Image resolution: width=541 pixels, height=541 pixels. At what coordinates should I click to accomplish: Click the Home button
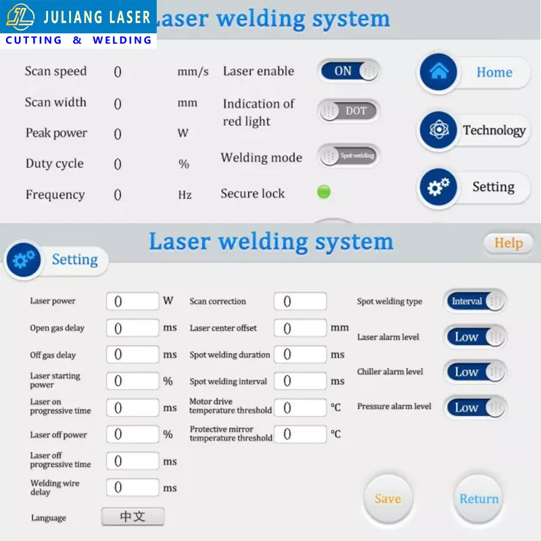click(473, 72)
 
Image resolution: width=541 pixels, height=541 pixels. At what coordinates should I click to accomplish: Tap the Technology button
click(473, 131)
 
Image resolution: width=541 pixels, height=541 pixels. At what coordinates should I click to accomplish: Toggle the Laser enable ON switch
click(348, 71)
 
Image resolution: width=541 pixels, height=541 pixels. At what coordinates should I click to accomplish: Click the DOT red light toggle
click(349, 111)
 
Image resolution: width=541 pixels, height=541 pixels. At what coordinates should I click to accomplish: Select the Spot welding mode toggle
click(349, 156)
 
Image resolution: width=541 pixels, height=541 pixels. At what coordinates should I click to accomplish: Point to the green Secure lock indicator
click(324, 192)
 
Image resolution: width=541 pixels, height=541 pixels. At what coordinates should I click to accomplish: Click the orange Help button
click(508, 243)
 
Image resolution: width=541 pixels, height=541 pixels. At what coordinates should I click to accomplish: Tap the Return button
click(479, 499)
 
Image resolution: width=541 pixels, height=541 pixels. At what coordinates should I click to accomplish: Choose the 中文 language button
click(133, 517)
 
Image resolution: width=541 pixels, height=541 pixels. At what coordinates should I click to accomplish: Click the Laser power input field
click(133, 302)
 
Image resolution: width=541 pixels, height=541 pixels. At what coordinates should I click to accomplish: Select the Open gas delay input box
click(133, 328)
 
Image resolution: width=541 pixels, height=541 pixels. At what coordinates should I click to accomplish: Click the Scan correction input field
click(300, 302)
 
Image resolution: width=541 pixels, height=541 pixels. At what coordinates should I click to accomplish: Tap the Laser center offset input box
click(300, 328)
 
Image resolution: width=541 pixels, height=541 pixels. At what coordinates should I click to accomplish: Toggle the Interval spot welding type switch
click(475, 302)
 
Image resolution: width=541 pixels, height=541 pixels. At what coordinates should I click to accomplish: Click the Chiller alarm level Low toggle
click(475, 372)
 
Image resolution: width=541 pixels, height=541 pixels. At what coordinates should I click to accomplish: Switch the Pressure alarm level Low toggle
click(475, 407)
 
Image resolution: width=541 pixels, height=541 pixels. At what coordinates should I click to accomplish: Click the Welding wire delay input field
click(133, 488)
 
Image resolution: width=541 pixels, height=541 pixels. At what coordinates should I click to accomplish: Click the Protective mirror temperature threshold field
click(300, 433)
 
